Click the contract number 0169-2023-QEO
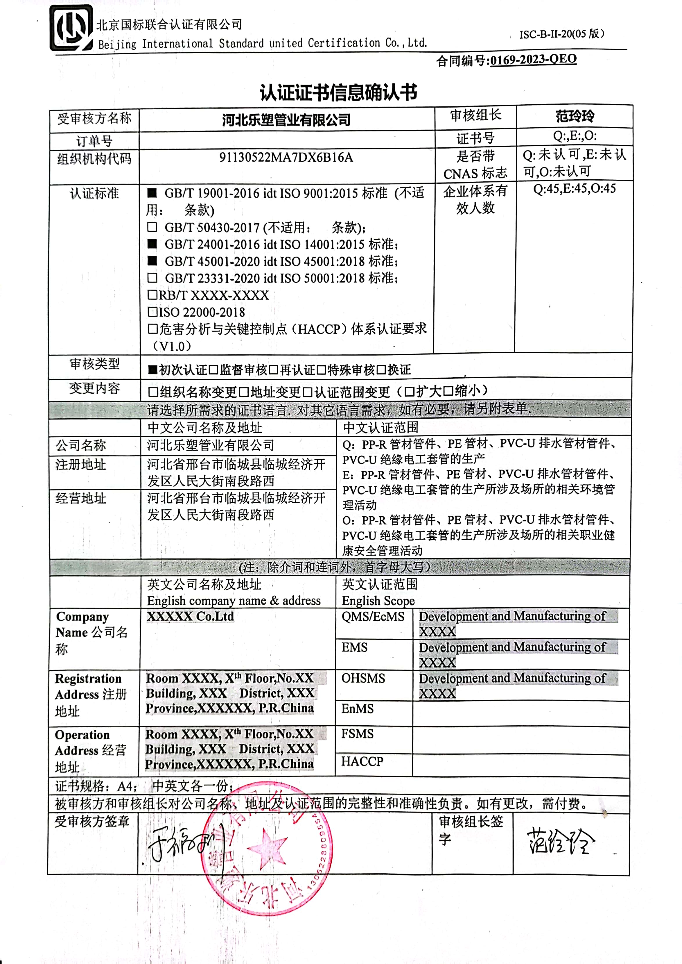533,60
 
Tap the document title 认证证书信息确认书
338,92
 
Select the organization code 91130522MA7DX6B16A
286,158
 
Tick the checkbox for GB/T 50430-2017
152,227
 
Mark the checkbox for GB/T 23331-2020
152,278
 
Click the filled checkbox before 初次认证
152,370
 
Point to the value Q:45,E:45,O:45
574,189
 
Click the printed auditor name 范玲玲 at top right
575,116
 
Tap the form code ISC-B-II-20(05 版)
561,34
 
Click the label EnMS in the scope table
357,709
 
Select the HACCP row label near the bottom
362,761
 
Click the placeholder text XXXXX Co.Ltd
190,617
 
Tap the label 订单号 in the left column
94,140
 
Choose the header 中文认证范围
381,427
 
